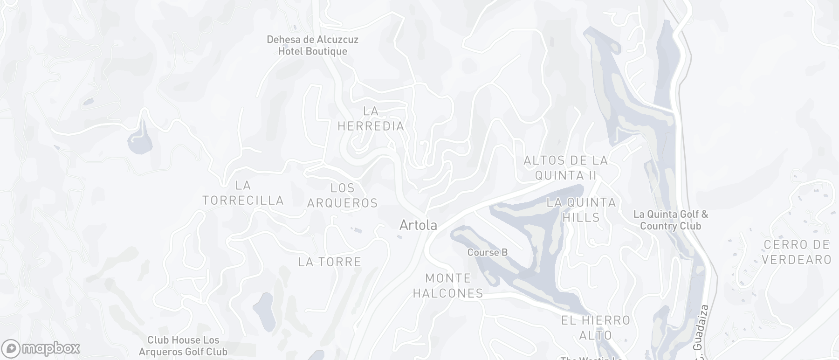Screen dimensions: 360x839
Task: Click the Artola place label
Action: click(418, 225)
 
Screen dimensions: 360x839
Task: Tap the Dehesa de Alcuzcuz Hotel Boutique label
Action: click(312, 45)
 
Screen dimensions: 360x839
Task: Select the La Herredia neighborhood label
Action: click(371, 118)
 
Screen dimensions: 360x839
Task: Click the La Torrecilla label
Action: click(243, 193)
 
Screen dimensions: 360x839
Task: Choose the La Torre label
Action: click(330, 262)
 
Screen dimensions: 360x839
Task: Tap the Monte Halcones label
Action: click(448, 286)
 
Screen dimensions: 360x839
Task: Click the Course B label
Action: click(487, 252)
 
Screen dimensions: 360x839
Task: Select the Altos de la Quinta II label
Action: click(566, 168)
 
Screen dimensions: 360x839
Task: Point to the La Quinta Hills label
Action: click(581, 210)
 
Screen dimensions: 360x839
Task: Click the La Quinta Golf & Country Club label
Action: click(670, 220)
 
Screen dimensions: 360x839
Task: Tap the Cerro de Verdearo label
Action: click(797, 252)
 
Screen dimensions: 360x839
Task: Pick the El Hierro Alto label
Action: click(596, 328)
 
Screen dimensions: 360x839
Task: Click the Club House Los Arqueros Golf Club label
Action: click(187, 346)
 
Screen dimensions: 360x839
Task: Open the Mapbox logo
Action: click(41, 348)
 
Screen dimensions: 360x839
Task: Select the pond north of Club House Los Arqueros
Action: click(264, 310)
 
